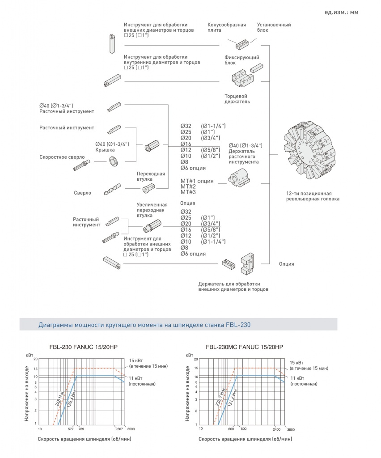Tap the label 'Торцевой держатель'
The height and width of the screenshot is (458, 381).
click(x=237, y=99)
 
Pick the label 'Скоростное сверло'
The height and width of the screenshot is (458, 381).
click(x=58, y=157)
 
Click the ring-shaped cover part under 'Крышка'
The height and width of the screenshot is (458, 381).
click(x=114, y=161)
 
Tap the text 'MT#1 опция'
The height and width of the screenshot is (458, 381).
click(x=197, y=181)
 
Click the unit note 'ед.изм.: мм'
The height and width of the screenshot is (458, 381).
click(x=341, y=12)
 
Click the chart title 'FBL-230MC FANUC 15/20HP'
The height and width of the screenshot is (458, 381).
click(x=245, y=347)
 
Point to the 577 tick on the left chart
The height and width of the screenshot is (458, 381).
click(x=71, y=428)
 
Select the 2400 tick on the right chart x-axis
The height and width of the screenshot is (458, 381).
click(x=276, y=428)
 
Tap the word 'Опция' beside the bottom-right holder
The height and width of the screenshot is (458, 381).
click(x=286, y=264)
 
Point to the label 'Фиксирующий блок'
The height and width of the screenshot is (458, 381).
click(x=242, y=60)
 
